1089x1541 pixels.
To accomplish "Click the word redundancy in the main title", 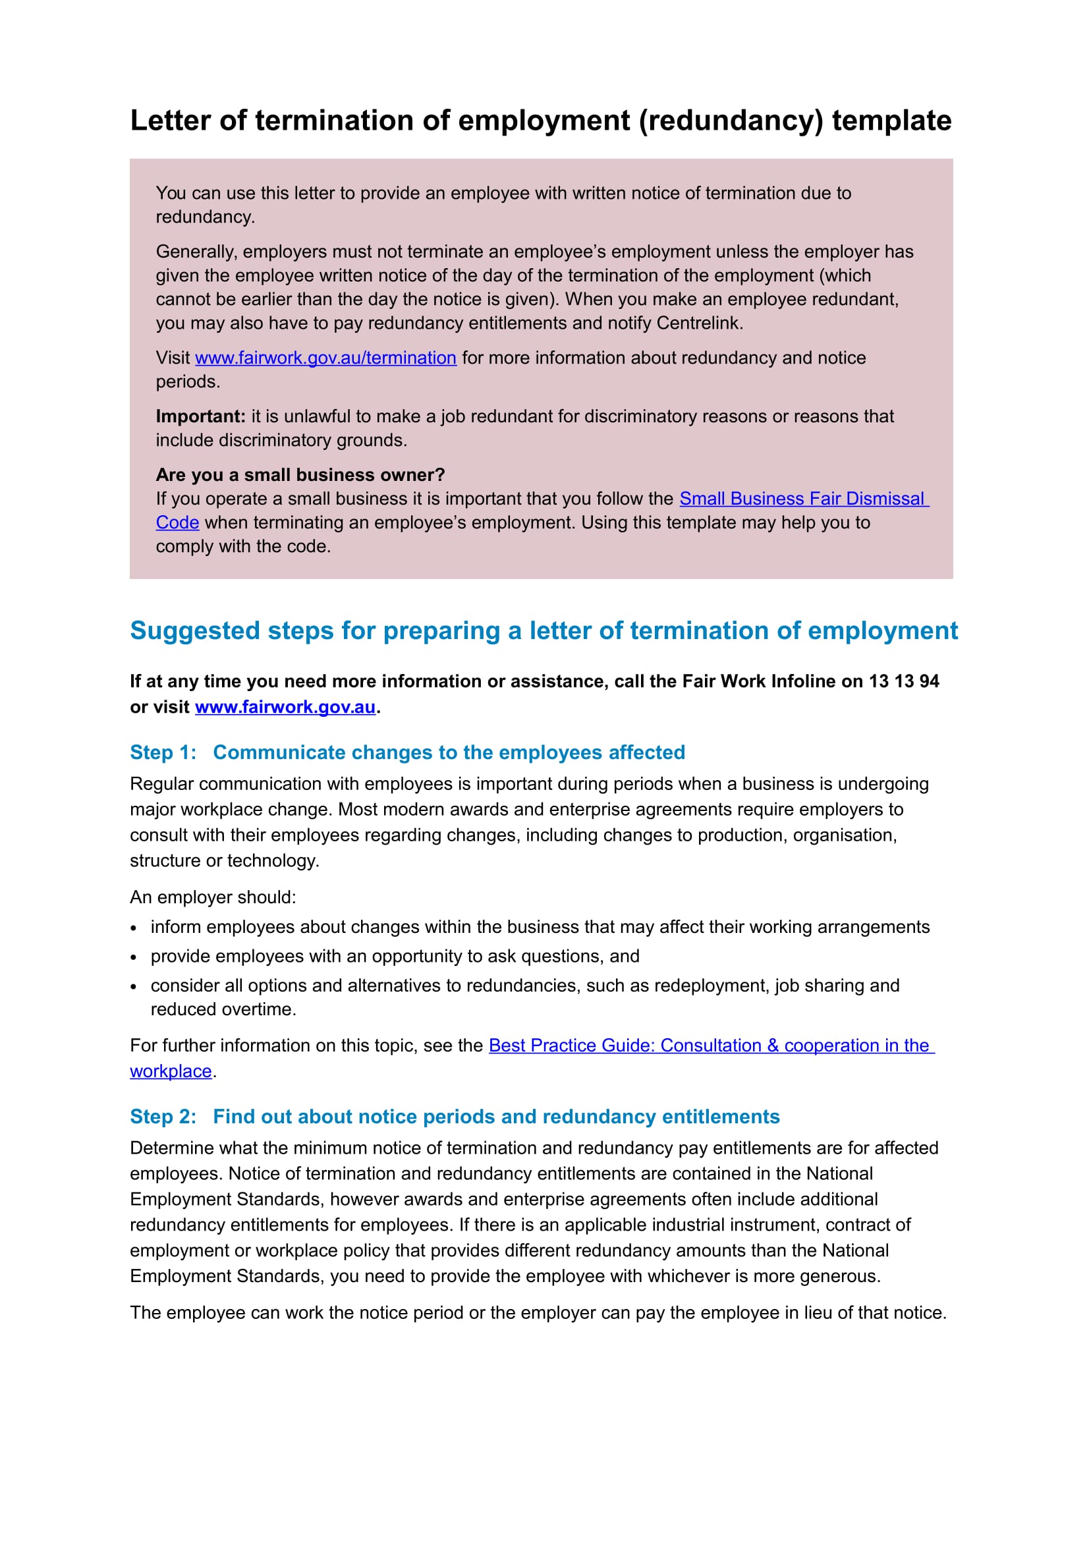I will [731, 121].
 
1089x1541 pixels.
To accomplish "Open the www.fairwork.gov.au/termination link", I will [325, 358].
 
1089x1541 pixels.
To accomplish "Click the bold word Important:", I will [201, 416].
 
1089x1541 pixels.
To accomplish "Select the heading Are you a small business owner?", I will [300, 474].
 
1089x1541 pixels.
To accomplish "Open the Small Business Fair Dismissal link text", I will [803, 499].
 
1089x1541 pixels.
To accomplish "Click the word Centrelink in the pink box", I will [698, 323].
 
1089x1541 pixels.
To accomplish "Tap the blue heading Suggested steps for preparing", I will [544, 630].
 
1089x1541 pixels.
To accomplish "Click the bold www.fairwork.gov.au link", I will [285, 707].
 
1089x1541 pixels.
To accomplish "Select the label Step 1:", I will [163, 752].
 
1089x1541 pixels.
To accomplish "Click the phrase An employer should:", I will [213, 897].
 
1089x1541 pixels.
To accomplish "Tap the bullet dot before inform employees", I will [134, 928].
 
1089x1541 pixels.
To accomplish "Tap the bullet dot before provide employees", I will [134, 958].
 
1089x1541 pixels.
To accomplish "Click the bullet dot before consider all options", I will [134, 988].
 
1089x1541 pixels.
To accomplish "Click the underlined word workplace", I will [171, 1071].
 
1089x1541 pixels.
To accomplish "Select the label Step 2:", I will [163, 1116].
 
